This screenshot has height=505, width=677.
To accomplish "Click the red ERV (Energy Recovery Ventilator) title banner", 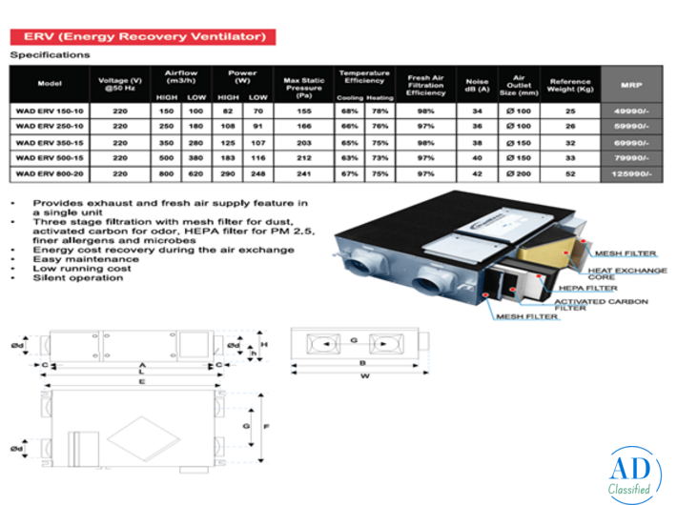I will (x=143, y=36).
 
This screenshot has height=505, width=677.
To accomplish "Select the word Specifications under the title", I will (x=50, y=55).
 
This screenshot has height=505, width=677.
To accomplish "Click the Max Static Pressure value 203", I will (x=305, y=141).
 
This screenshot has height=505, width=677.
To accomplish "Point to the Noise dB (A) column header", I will (x=477, y=83).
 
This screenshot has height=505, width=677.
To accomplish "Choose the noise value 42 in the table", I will (x=477, y=173).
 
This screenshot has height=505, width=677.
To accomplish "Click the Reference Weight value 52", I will (x=570, y=173).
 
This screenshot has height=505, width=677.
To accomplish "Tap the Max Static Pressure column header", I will (x=305, y=83).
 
